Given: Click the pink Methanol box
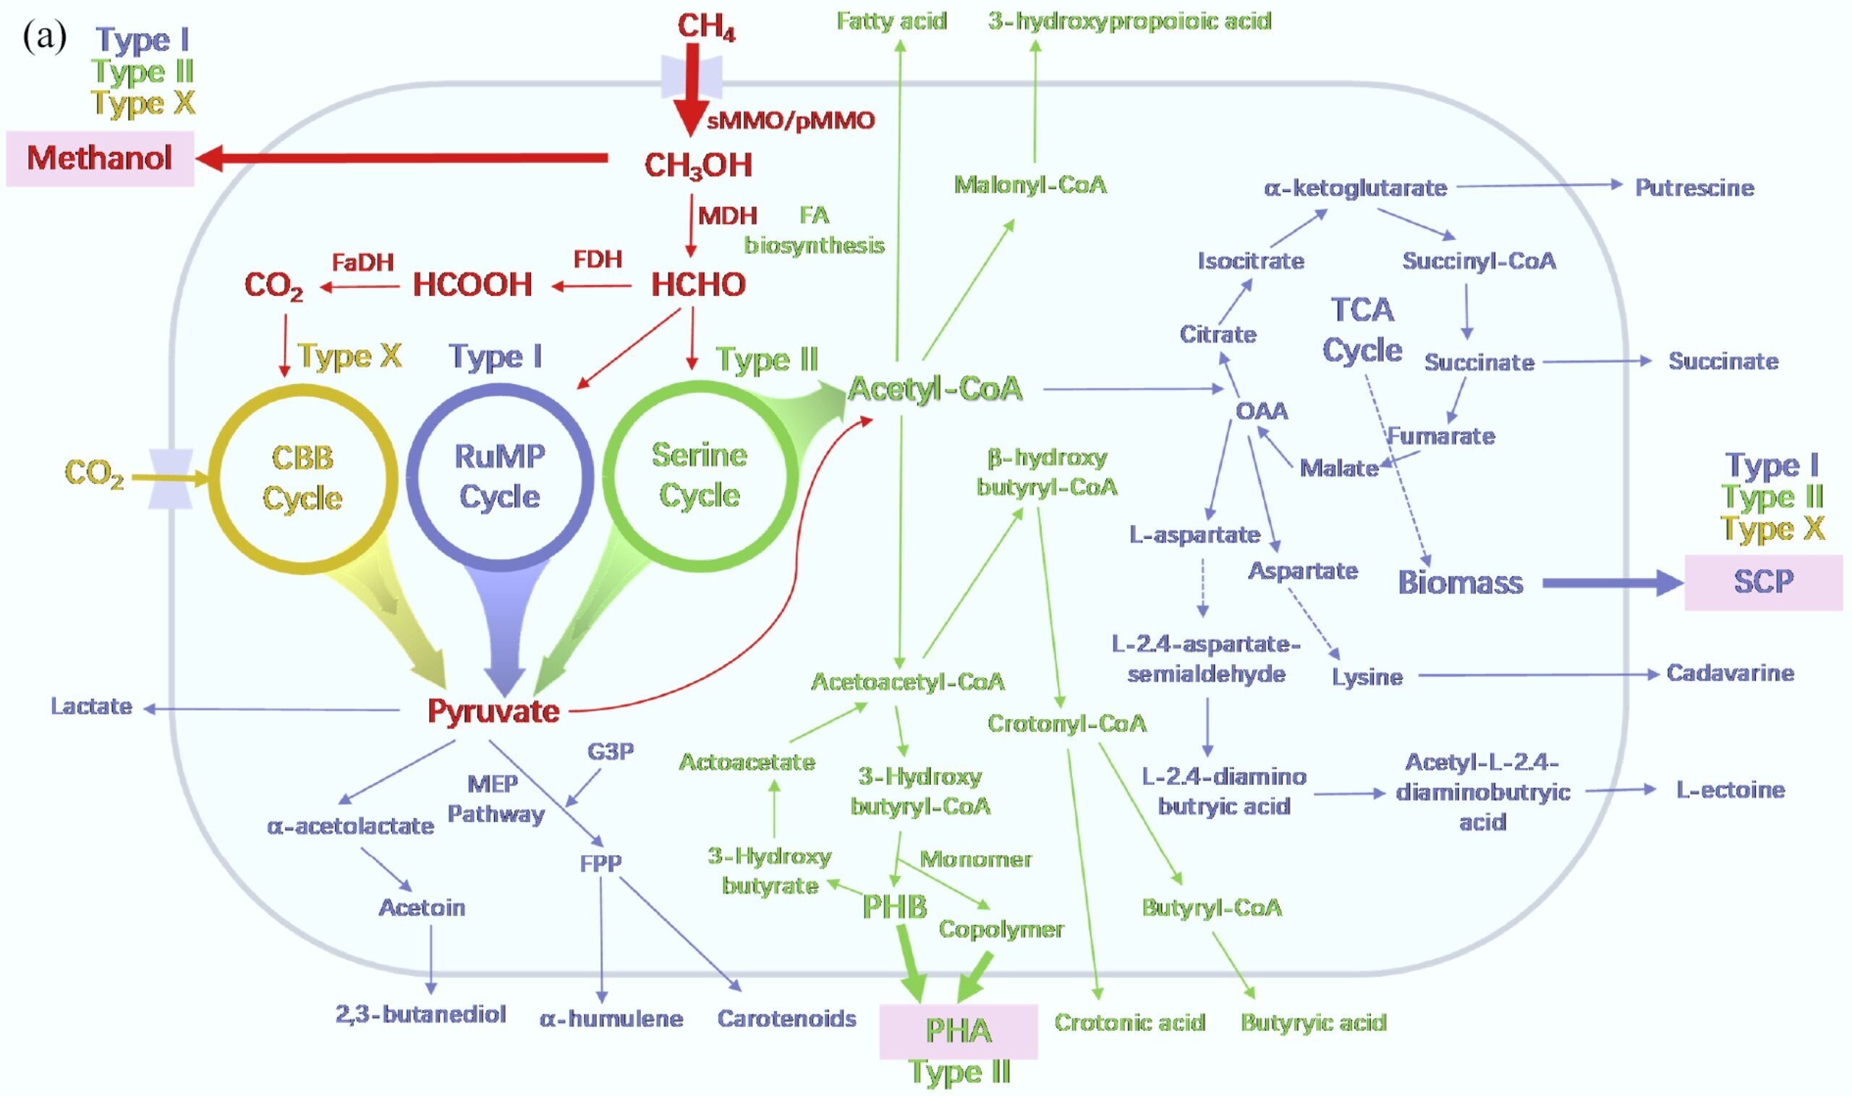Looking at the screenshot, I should tap(100, 158).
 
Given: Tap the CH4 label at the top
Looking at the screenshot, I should tap(706, 27).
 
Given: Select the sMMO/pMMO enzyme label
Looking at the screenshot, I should tap(790, 120).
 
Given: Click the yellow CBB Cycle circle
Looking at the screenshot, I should tap(303, 477).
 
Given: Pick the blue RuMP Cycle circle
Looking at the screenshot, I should tap(500, 476).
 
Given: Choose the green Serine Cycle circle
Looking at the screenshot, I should tap(699, 475).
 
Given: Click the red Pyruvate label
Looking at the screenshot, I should tap(493, 711).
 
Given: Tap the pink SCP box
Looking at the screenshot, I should tap(1762, 582).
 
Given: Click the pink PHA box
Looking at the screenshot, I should tap(958, 1031).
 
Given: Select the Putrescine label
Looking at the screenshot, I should tap(1694, 187).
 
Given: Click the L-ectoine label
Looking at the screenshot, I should tap(1730, 790).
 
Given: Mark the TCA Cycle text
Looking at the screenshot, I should tap(1362, 330).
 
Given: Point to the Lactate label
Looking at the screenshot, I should tap(92, 707).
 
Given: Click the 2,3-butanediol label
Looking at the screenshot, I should tap(421, 1014).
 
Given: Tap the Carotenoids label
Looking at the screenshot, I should tap(786, 1019).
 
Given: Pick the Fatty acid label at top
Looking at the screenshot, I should tap(891, 21).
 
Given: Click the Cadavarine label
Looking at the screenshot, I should tap(1730, 673).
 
